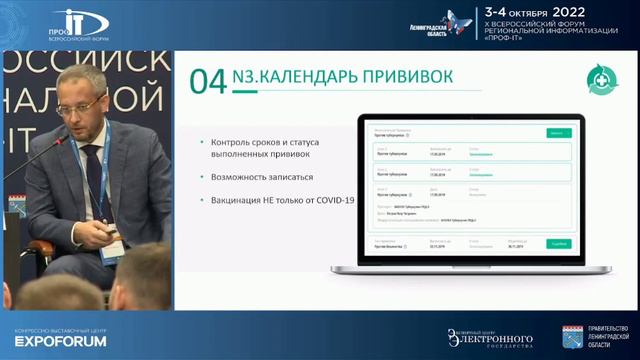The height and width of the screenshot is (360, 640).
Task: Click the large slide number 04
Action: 208,81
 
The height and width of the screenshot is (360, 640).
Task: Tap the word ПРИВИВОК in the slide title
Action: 405,77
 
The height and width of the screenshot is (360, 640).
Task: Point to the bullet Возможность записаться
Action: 256,177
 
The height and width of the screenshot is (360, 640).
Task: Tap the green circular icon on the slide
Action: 603,76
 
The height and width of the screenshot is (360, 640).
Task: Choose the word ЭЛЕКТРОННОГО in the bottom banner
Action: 497,337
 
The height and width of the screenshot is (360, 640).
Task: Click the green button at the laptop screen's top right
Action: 557,132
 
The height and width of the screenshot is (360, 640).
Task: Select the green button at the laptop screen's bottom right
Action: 557,243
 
